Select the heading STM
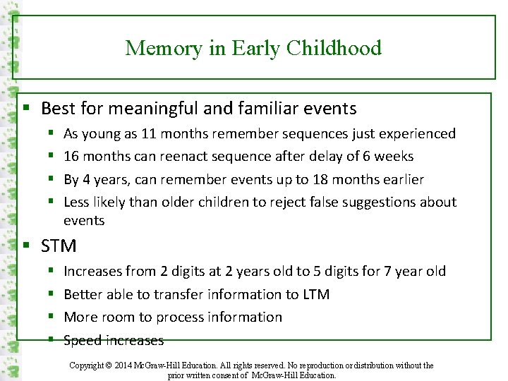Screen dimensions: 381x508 click(59, 246)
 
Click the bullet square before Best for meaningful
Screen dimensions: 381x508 click(26, 109)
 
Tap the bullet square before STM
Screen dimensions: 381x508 click(26, 246)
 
